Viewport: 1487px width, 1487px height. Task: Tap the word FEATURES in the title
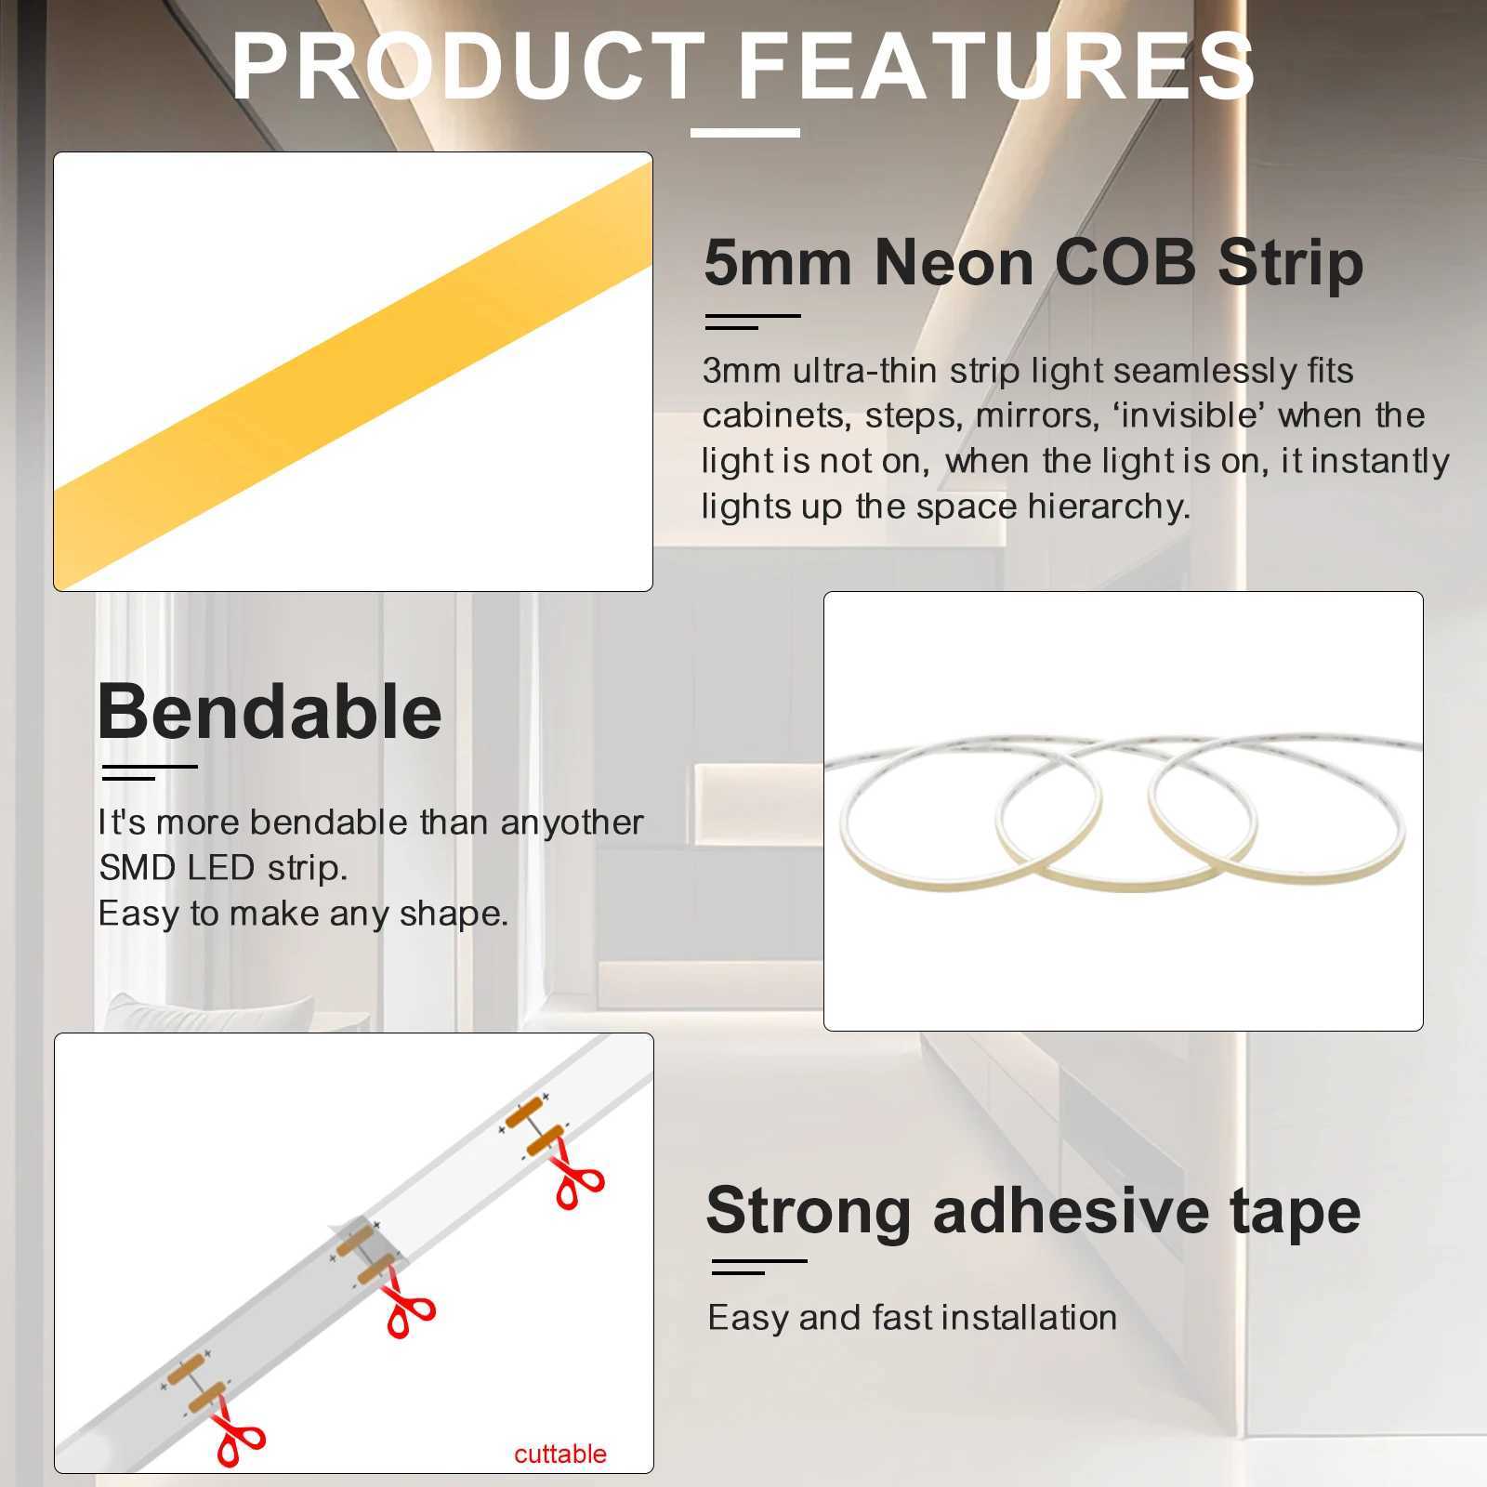pos(996,67)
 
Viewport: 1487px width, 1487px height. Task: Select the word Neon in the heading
pos(954,263)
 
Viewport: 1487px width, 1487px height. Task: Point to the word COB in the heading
pos(1125,263)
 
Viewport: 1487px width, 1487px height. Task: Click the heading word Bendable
pos(270,713)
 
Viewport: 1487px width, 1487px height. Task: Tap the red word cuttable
pos(559,1454)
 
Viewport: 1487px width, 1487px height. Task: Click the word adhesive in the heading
pos(1071,1211)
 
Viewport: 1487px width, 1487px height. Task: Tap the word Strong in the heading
pos(808,1211)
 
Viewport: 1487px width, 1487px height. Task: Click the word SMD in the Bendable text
pos(138,868)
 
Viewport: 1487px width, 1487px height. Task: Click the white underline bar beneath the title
pos(744,133)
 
